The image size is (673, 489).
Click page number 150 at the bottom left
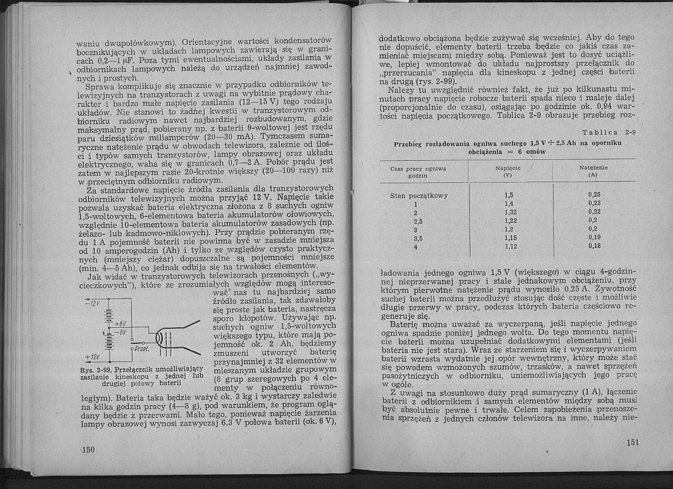click(x=88, y=458)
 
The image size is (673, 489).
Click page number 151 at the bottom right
click(x=632, y=442)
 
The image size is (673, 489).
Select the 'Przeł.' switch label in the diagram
click(x=142, y=349)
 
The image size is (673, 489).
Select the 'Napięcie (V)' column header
click(x=508, y=171)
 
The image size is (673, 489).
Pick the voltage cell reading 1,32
click(x=511, y=212)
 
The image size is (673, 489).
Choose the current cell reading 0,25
click(x=594, y=195)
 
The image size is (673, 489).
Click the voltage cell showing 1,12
click(x=511, y=247)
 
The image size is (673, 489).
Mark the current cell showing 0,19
click(x=594, y=237)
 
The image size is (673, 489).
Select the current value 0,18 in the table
click(x=594, y=246)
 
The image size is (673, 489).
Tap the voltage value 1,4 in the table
click(x=509, y=204)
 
